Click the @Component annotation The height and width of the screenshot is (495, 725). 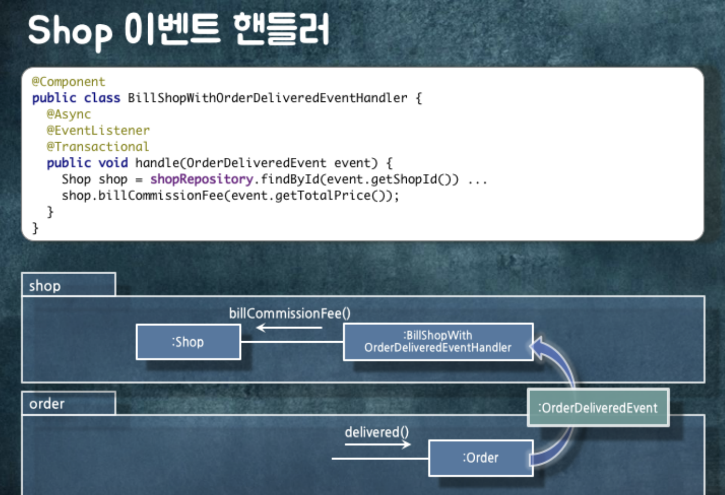pyautogui.click(x=68, y=82)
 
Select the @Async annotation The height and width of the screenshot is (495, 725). pyautogui.click(x=69, y=115)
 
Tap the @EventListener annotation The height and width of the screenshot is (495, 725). pyautogui.click(x=98, y=131)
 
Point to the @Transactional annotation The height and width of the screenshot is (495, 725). pyautogui.click(x=98, y=147)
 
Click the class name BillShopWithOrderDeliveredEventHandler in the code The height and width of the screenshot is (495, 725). pyautogui.click(x=267, y=98)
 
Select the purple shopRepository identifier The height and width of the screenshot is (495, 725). pyautogui.click(x=202, y=179)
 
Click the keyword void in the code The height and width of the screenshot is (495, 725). pyautogui.click(x=113, y=163)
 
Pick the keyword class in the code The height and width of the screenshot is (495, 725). pyautogui.click(x=102, y=98)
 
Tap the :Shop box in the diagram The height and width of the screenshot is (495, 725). pyautogui.click(x=188, y=342)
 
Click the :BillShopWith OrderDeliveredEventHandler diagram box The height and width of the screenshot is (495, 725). pyautogui.click(x=438, y=342)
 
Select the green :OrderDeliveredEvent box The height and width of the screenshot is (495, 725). pyautogui.click(x=598, y=408)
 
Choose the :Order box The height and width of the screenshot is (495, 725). pyautogui.click(x=481, y=458)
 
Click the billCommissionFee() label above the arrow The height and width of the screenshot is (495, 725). pyautogui.click(x=290, y=313)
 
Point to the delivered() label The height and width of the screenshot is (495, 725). pyautogui.click(x=377, y=432)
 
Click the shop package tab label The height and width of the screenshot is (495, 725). pyautogui.click(x=45, y=286)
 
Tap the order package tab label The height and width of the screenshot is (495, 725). pyautogui.click(x=47, y=404)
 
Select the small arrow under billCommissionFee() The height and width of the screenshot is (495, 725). pyautogui.click(x=289, y=328)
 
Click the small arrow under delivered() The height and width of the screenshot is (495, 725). pyautogui.click(x=378, y=444)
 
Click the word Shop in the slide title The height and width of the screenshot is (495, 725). pyautogui.click(x=70, y=30)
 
